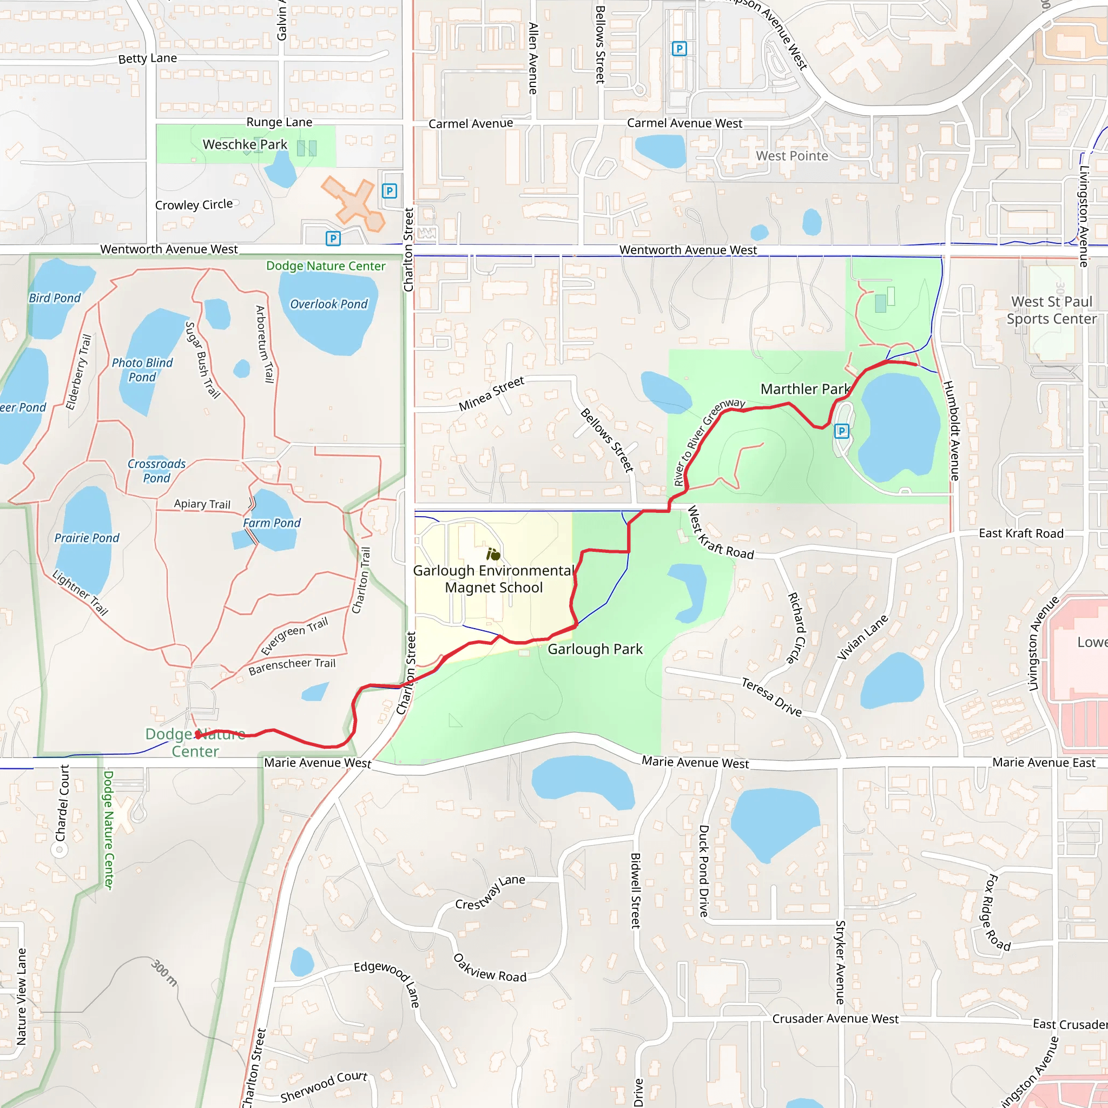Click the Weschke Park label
tap(245, 144)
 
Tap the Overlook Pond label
tap(328, 304)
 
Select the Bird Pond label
tap(55, 298)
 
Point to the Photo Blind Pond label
tap(142, 370)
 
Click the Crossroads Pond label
tap(156, 471)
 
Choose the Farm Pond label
tap(271, 523)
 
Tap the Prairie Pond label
tap(87, 538)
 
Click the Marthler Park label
tap(804, 389)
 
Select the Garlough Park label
tap(595, 649)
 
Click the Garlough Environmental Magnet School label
tap(493, 579)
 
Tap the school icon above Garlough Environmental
tap(493, 554)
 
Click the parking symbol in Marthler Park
tap(841, 431)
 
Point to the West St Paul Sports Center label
tap(1051, 310)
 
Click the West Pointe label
tap(792, 156)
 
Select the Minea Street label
tap(491, 393)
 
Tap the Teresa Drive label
tap(771, 697)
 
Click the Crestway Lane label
tap(490, 892)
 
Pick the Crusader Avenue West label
tap(835, 1019)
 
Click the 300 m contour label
tap(164, 973)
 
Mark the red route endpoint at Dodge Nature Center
tap(198, 735)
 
